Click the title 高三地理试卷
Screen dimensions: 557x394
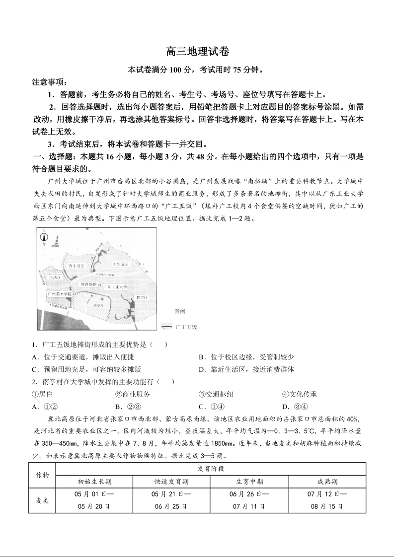pos(197,52)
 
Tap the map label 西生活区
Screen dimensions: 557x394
pos(78,266)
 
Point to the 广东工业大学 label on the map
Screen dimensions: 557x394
pos(115,287)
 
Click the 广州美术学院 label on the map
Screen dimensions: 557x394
pos(60,294)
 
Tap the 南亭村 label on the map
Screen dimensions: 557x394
pos(97,306)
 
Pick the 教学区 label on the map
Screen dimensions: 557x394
pos(142,297)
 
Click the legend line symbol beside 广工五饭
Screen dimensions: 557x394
pos(166,327)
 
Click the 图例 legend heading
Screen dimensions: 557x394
pos(179,312)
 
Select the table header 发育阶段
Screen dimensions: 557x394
pos(211,469)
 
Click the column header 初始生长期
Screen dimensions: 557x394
pos(94,482)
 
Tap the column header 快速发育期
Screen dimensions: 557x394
pos(171,482)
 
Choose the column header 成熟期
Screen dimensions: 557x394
pos(327,482)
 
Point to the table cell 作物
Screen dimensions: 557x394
pos(42,475)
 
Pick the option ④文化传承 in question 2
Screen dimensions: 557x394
pos(299,394)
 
